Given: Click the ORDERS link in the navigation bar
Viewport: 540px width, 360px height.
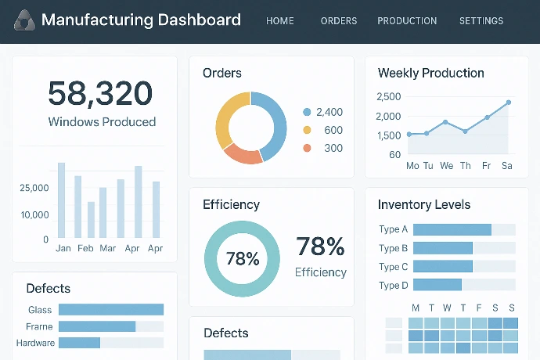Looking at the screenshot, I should (x=338, y=21).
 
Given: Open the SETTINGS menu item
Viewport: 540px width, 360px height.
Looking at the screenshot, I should (x=481, y=21).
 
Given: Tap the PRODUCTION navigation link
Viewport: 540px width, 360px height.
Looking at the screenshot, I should (x=407, y=21).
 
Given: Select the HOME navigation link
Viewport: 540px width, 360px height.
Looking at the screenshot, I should (x=280, y=21).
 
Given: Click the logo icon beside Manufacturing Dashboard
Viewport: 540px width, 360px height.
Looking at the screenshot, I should (x=24, y=20).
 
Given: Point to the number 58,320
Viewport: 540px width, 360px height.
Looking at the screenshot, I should (x=100, y=93).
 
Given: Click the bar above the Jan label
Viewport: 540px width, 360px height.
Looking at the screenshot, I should (x=61, y=200).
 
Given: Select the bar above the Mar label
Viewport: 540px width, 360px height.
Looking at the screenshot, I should (x=103, y=212).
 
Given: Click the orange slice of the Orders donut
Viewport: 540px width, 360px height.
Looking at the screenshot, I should (x=242, y=154).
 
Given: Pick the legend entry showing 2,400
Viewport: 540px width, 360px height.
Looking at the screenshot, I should (x=322, y=112).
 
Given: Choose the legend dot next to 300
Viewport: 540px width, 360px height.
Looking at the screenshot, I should (x=307, y=148).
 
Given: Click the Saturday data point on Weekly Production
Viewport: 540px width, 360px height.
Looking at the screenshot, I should (x=508, y=103).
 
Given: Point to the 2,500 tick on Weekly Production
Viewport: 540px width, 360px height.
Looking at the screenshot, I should (x=389, y=97).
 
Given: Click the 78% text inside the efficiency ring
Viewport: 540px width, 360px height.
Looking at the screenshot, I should (x=242, y=258).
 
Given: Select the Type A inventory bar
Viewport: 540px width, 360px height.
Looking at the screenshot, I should (x=452, y=229).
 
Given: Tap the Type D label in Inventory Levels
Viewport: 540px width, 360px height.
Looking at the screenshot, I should (x=394, y=285).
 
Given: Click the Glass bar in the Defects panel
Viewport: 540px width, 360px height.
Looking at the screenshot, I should (x=110, y=310).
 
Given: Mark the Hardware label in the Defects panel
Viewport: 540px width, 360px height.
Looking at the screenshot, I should (x=35, y=343).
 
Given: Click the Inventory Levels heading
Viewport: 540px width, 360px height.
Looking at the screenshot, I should (x=424, y=205).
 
